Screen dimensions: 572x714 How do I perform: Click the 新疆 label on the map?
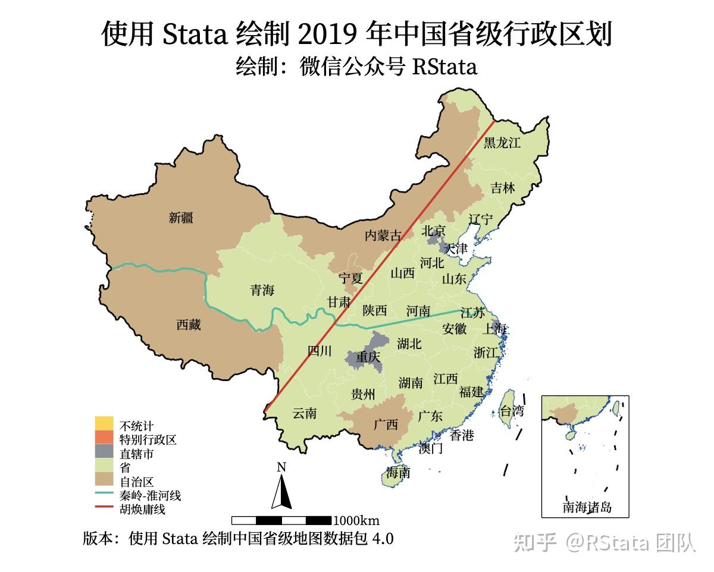(181, 218)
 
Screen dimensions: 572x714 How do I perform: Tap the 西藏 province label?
(189, 325)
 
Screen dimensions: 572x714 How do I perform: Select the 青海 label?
(262, 290)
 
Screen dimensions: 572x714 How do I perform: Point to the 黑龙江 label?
(502, 143)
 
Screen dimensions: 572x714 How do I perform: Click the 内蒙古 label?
(383, 235)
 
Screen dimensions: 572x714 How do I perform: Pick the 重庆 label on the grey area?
(368, 358)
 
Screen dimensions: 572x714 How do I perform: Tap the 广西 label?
(386, 425)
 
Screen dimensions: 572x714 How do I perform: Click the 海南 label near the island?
(398, 473)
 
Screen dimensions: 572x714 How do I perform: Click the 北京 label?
(434, 231)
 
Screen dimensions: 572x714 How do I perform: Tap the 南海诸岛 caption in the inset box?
(587, 507)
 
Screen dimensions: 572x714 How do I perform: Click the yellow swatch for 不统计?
(103, 425)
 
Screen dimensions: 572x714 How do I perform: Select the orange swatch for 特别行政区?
(103, 439)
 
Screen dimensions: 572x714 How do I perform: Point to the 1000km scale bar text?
(356, 521)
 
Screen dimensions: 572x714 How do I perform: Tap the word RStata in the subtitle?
(444, 67)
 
